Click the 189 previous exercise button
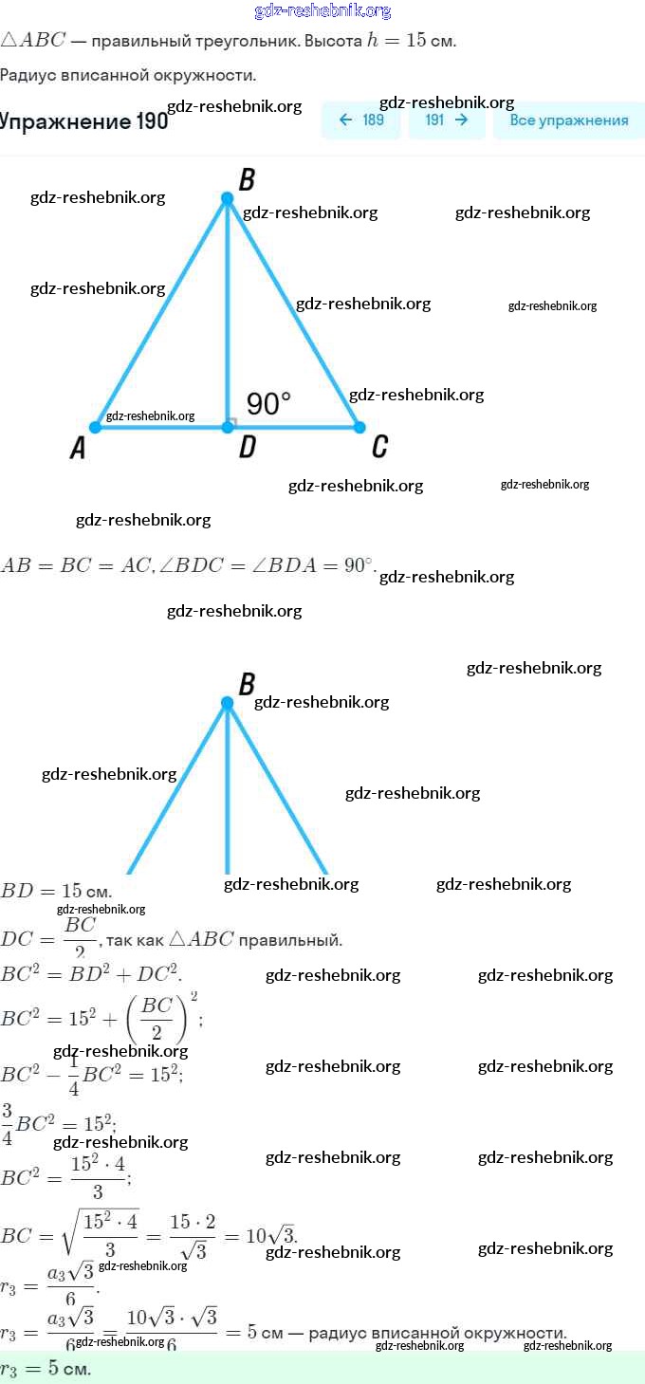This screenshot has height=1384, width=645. point(361,120)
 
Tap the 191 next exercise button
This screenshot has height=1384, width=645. point(447,120)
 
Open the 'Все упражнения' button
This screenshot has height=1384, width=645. point(568,120)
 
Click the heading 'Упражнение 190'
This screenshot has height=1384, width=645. point(83,121)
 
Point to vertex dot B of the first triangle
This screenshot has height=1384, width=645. point(227,198)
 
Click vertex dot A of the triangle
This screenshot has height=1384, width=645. point(95,428)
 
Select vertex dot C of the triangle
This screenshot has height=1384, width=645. point(359,428)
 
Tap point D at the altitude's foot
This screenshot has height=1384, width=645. point(228,428)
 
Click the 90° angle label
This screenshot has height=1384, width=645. point(268,404)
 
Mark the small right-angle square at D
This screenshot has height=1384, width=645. point(232,422)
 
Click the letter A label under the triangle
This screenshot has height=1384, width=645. point(79,449)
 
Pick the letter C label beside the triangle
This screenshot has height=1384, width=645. point(379,447)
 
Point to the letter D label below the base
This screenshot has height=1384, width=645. point(247,448)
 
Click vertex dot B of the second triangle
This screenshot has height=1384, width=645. point(227,703)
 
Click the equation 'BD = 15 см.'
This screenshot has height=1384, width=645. point(56,892)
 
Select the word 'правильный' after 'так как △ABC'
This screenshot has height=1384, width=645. point(290,940)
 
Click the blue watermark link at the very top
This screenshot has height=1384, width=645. point(322,10)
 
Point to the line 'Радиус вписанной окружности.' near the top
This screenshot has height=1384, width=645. point(128,75)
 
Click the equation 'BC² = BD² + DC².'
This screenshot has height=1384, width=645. point(91,973)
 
